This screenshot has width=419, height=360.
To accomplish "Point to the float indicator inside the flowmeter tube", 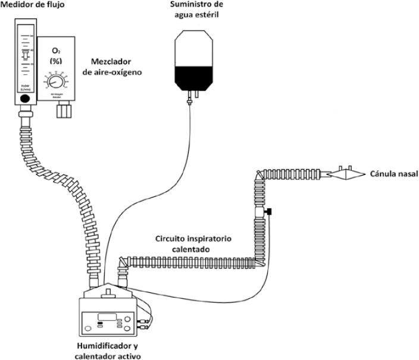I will point(24,57).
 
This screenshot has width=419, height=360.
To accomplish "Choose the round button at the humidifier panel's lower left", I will point(90,326).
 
